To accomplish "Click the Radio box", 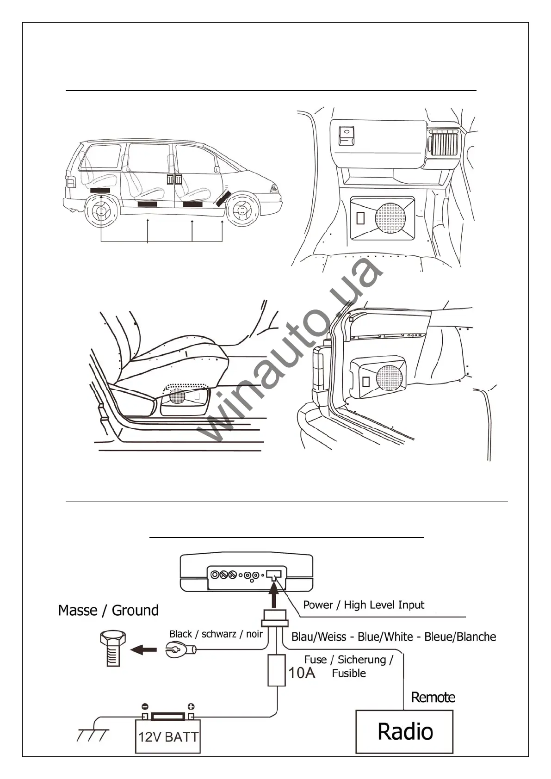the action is click(x=404, y=731).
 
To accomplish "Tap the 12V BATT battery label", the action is click(x=168, y=736).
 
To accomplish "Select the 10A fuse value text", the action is click(x=302, y=672).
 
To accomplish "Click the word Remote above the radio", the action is click(x=433, y=697).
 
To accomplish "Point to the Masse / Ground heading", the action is click(x=108, y=610).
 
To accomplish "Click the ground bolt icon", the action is click(x=112, y=649).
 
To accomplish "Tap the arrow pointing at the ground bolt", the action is click(x=143, y=650).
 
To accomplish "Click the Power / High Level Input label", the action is click(x=364, y=605).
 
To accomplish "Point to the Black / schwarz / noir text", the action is click(x=216, y=634).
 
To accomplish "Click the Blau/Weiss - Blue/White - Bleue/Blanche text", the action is click(x=394, y=637).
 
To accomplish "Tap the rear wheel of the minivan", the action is click(x=101, y=211).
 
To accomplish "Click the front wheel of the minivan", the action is click(x=243, y=211).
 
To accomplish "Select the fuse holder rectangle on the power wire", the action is click(x=277, y=670).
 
